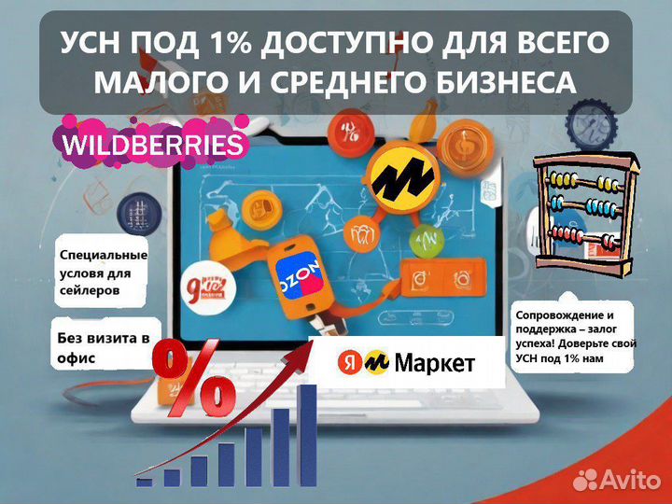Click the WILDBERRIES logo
coord(151,146)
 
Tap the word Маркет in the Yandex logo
coord(433,363)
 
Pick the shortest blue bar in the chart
coord(144,482)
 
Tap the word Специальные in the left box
coord(103,254)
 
